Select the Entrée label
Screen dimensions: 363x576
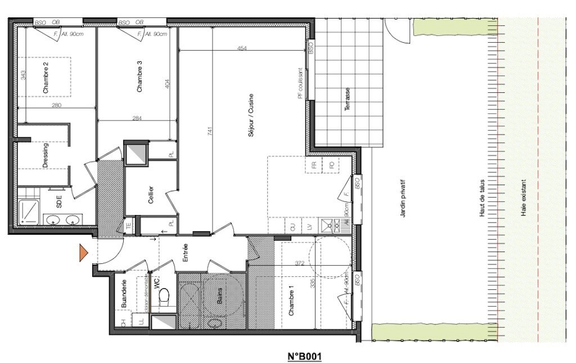(x=184, y=254)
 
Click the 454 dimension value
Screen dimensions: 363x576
(x=242, y=49)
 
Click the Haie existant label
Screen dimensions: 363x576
(x=524, y=199)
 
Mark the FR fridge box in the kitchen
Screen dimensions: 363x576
(x=312, y=165)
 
